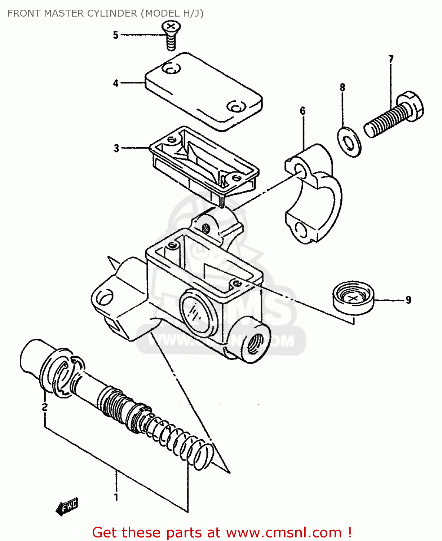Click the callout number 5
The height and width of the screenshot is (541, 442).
[115, 35]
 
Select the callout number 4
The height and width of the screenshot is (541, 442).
[115, 83]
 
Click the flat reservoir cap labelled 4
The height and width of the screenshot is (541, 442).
[204, 92]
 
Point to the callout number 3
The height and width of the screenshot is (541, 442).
[116, 148]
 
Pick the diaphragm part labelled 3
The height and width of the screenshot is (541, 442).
[204, 162]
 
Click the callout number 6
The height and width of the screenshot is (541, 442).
[302, 111]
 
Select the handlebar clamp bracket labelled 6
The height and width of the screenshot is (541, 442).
[314, 195]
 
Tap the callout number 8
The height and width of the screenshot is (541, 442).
[342, 87]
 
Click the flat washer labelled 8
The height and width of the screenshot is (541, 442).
[349, 141]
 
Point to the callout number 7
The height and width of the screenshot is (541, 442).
[391, 59]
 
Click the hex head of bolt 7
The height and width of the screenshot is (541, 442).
[411, 105]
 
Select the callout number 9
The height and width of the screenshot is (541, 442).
[408, 300]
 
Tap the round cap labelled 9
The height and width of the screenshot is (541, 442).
[353, 298]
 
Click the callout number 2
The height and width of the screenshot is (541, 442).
[45, 407]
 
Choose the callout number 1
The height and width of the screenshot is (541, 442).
[116, 497]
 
